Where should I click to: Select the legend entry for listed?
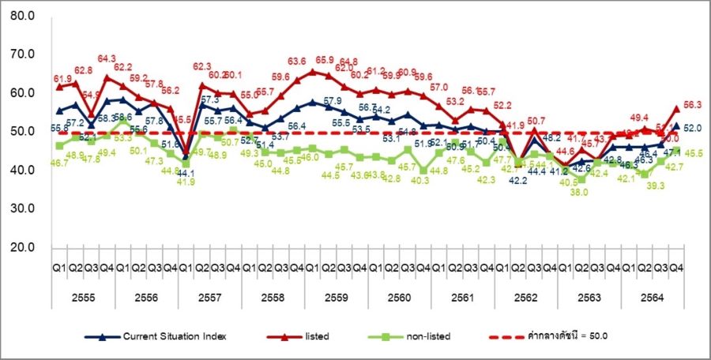tap(314, 336)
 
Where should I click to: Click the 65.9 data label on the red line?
tap(325, 60)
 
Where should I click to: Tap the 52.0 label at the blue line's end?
tap(693, 128)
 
